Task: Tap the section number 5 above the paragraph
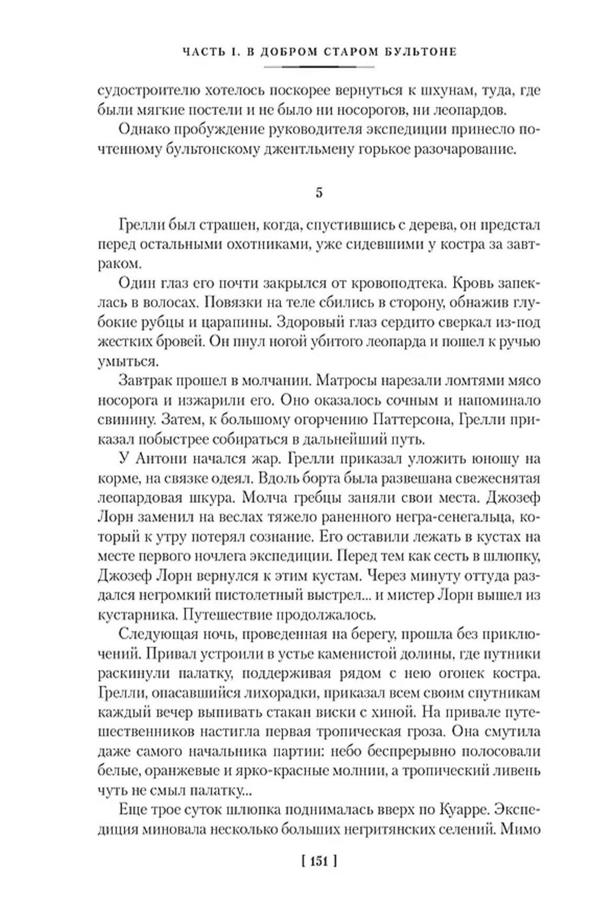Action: [x=319, y=193]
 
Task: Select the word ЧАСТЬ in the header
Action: [x=203, y=52]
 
